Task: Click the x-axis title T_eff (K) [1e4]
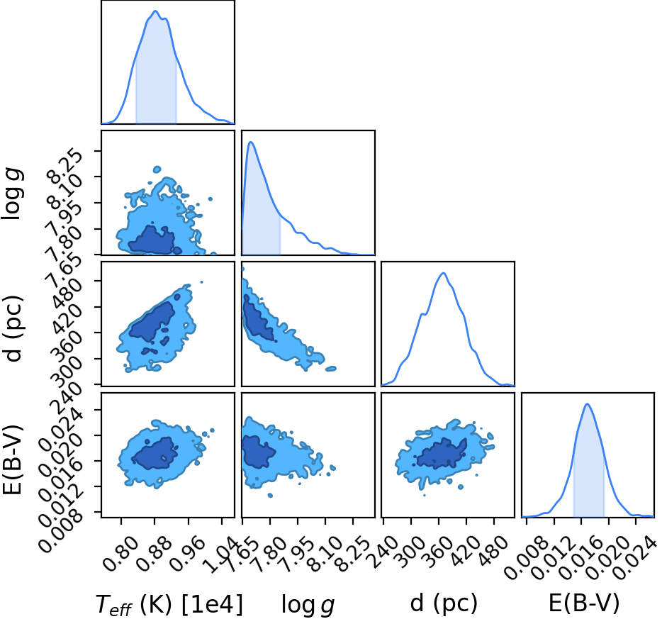169,604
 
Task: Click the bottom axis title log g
308,604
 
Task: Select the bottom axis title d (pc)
444,603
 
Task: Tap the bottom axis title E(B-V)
584,602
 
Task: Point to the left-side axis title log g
12,194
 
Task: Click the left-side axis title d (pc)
13,323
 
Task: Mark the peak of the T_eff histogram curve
155,11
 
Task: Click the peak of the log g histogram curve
251,142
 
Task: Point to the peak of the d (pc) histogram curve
443,273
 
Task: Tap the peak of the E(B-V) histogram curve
587,404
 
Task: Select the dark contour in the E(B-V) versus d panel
441,454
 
